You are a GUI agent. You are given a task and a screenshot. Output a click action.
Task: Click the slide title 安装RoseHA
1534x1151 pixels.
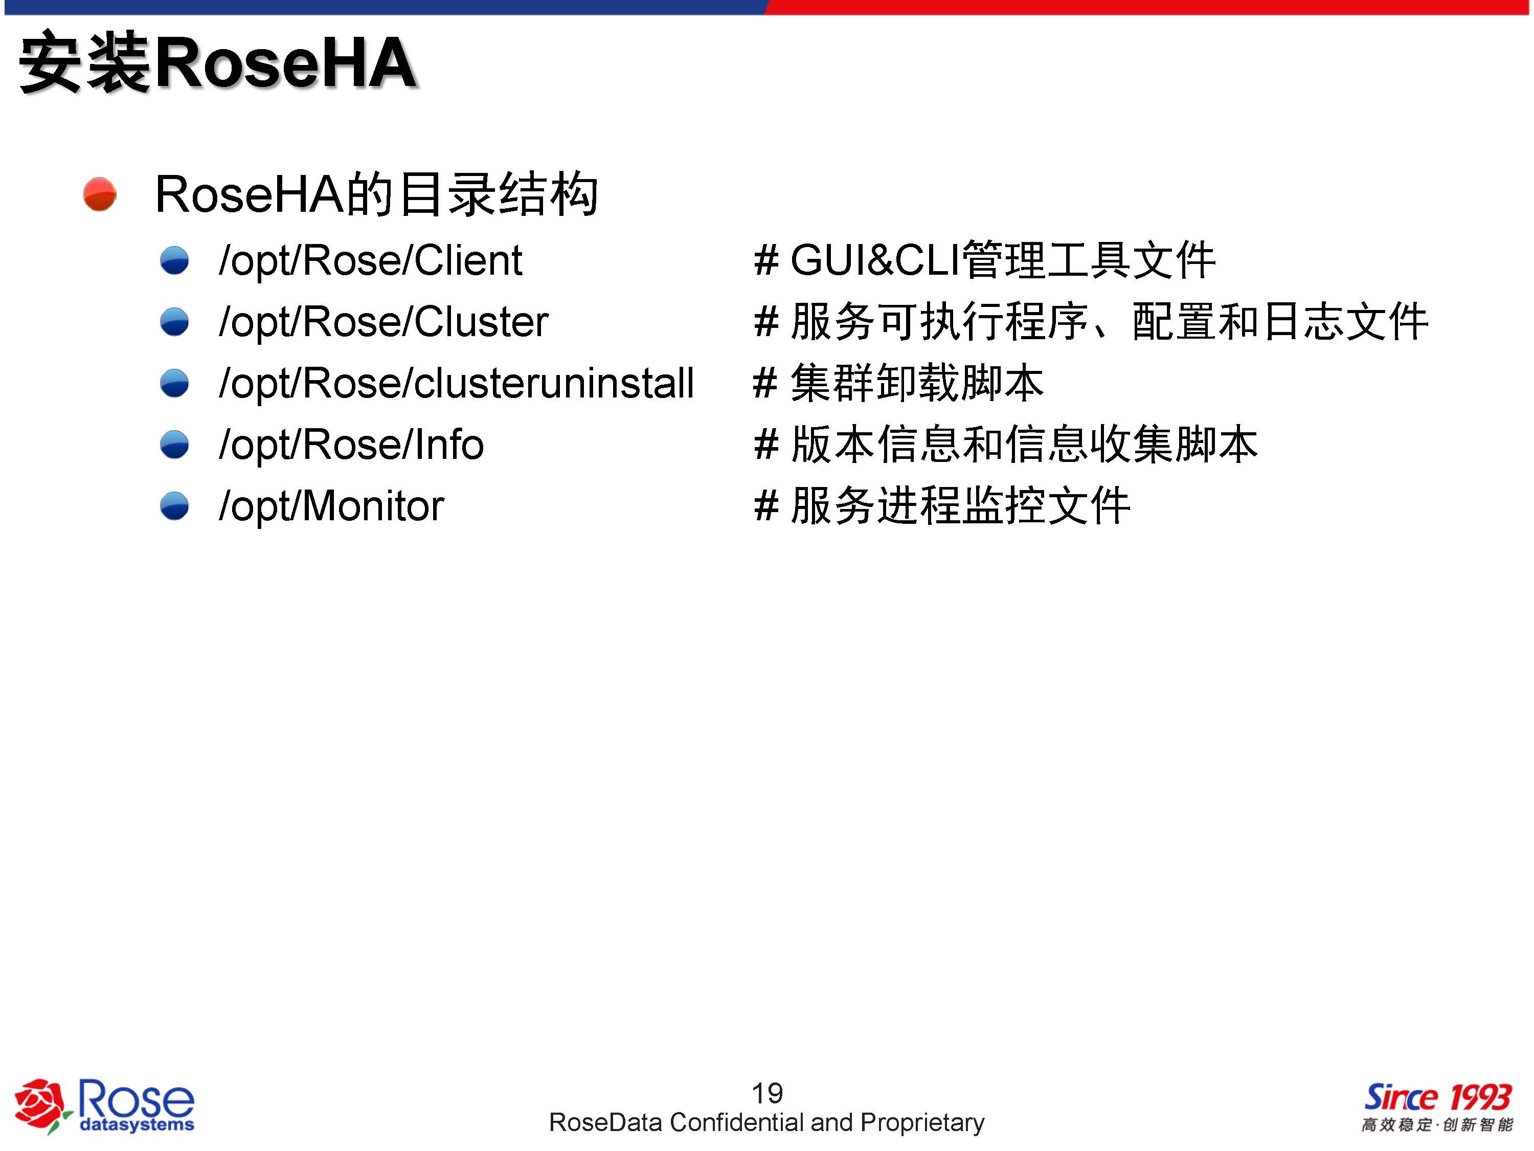point(218,62)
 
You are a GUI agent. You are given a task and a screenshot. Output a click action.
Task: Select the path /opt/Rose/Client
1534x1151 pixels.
point(370,261)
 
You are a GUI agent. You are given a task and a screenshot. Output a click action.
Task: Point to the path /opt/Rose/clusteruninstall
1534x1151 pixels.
point(456,384)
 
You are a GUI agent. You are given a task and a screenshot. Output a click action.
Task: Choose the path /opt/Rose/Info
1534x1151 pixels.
point(351,445)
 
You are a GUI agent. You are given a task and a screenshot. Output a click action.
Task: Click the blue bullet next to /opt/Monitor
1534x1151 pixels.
point(174,506)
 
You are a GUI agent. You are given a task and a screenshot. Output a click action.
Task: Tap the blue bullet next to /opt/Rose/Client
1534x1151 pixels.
point(174,261)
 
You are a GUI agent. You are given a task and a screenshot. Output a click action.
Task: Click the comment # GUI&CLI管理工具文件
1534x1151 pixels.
point(985,261)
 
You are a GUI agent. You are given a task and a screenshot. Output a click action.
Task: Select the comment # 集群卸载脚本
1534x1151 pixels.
point(899,383)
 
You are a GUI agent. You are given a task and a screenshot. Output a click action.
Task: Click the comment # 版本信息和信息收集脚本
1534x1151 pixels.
point(1006,445)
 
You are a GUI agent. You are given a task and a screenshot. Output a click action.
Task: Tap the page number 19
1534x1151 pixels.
point(767,1093)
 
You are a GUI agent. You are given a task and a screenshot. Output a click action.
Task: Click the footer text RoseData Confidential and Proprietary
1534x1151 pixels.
point(766,1122)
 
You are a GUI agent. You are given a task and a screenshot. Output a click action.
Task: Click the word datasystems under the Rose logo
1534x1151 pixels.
point(137,1124)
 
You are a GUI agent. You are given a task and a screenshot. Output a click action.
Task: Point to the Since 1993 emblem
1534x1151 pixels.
point(1437,1098)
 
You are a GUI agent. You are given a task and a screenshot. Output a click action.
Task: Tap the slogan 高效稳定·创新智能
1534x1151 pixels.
point(1437,1124)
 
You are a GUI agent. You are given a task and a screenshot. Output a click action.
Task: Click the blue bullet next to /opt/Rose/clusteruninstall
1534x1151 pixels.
point(174,384)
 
